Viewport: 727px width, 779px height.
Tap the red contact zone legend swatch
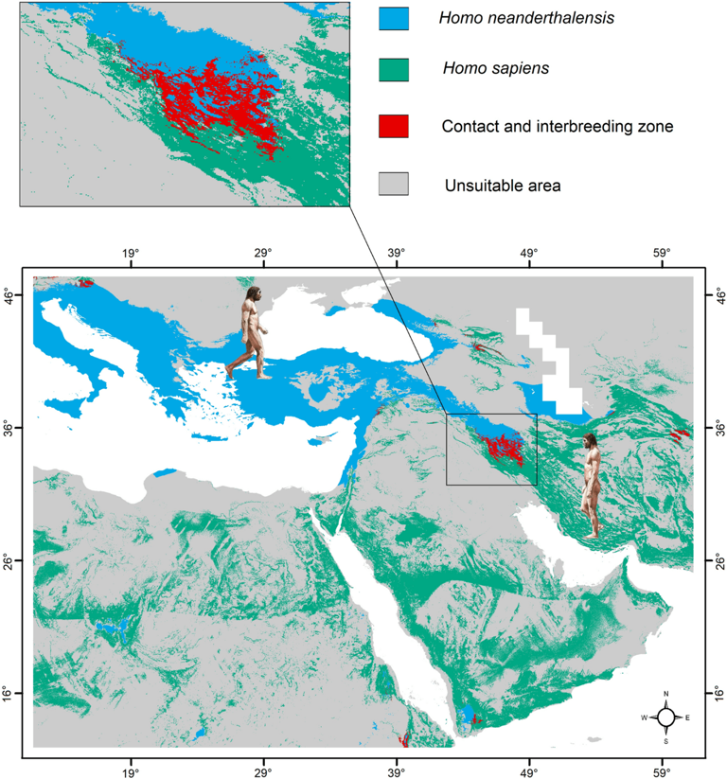pyautogui.click(x=393, y=124)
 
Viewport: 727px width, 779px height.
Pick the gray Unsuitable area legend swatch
pyautogui.click(x=393, y=185)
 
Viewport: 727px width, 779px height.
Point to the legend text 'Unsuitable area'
pyautogui.click(x=503, y=186)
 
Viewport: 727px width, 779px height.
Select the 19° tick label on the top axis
pyautogui.click(x=131, y=253)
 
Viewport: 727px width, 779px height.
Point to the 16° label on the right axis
pyautogui.click(x=716, y=694)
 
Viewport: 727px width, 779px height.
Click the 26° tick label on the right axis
pyautogui.click(x=716, y=561)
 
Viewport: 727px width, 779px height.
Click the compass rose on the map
pyautogui.click(x=666, y=717)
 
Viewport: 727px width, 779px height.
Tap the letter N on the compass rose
pyautogui.click(x=666, y=696)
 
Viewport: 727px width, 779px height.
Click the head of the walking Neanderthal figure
pyautogui.click(x=252, y=299)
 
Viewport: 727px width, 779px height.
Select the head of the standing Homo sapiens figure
pyautogui.click(x=591, y=442)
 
